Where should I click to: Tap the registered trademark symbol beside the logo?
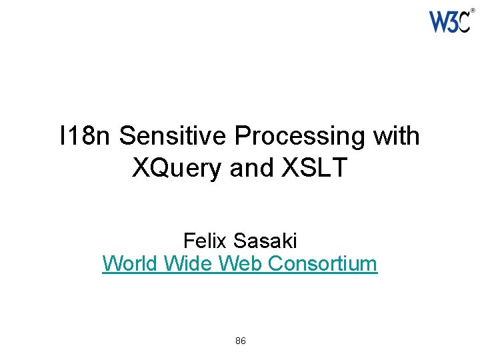[x=473, y=11]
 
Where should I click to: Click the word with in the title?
[x=397, y=137]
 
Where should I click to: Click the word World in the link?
[x=130, y=264]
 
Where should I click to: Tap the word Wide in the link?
[x=186, y=264]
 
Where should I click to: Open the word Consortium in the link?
[x=323, y=264]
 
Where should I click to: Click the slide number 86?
[x=241, y=341]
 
